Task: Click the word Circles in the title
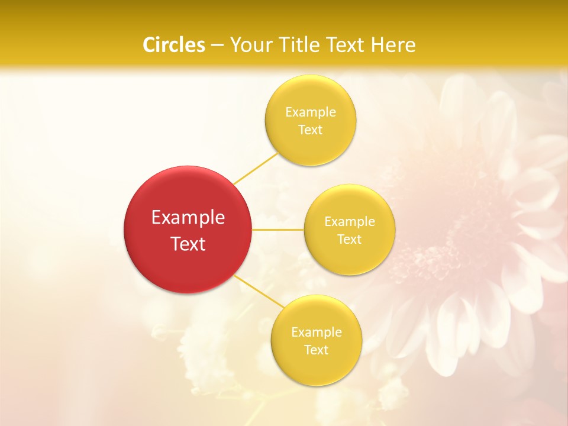coord(174,45)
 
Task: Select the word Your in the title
coord(249,45)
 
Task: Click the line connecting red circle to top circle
coord(256,168)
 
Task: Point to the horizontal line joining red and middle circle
coord(277,230)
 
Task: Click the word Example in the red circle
coord(188,218)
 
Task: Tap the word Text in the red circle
coord(188,244)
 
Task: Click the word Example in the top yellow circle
coord(310,112)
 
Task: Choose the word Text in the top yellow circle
coord(310,130)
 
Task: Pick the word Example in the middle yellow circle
coord(350,222)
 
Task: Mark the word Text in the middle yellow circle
coord(350,240)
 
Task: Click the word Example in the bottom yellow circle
coord(317,333)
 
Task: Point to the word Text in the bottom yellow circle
coord(317,350)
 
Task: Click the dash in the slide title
coord(217,46)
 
